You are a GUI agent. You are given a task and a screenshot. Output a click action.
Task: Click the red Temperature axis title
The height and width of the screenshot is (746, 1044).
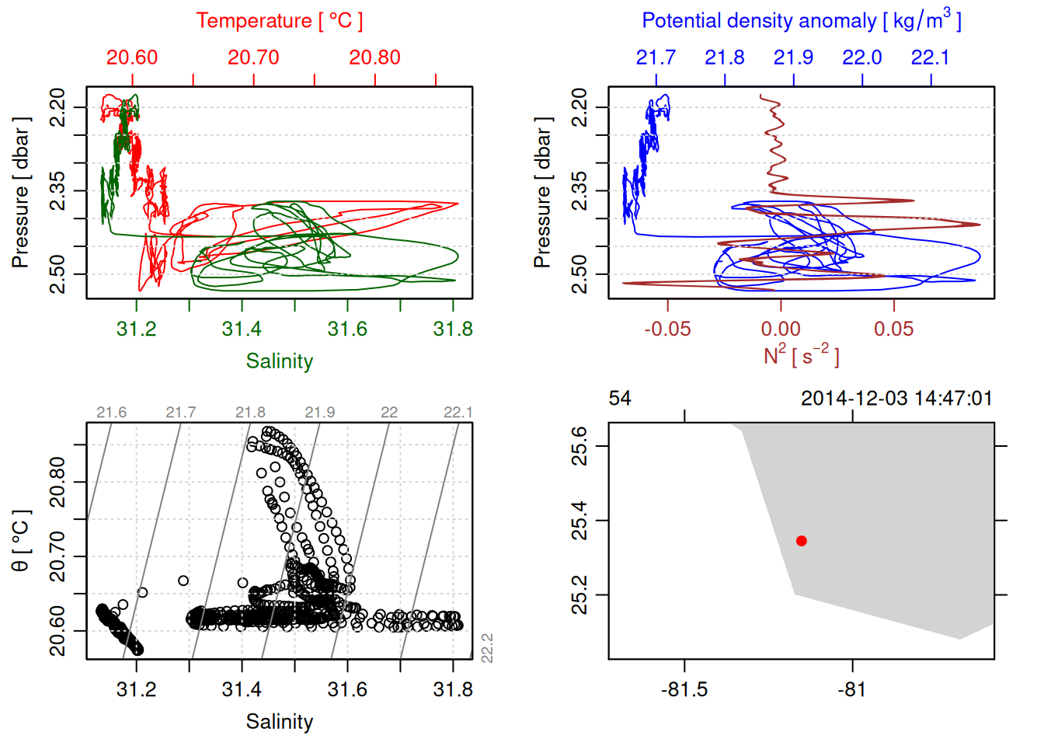pyautogui.click(x=279, y=21)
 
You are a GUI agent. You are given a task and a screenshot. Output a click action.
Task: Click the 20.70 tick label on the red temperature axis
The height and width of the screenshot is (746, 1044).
pyautogui.click(x=253, y=58)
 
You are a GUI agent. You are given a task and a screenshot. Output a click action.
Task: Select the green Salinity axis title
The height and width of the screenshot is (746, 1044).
pyautogui.click(x=279, y=361)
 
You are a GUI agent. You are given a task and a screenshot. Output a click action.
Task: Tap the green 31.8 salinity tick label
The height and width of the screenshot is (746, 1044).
pyautogui.click(x=453, y=329)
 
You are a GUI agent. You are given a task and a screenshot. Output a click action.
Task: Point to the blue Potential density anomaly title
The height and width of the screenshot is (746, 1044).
pyautogui.click(x=801, y=21)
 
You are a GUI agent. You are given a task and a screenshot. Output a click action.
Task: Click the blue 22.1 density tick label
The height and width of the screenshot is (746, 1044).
pyautogui.click(x=930, y=58)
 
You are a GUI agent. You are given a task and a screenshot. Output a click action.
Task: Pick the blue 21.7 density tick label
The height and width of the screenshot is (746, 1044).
pyautogui.click(x=656, y=58)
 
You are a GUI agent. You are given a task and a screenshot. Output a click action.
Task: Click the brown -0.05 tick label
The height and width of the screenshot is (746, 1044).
pyautogui.click(x=667, y=329)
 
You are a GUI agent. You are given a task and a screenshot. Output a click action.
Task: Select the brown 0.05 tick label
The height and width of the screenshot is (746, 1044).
pyautogui.click(x=894, y=329)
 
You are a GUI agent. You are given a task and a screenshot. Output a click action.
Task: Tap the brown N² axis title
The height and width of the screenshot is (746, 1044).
pyautogui.click(x=801, y=356)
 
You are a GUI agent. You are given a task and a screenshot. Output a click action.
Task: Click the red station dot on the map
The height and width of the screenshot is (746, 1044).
pyautogui.click(x=802, y=541)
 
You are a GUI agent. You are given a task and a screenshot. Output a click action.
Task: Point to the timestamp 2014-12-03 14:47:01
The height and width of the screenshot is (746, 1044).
pyautogui.click(x=896, y=399)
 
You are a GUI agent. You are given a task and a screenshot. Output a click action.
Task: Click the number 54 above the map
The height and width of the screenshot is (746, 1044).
pyautogui.click(x=620, y=399)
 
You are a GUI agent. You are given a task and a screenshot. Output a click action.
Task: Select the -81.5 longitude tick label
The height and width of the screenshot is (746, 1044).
pyautogui.click(x=684, y=690)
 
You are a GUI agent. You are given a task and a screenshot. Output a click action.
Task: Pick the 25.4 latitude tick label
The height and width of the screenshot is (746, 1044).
pyautogui.click(x=579, y=521)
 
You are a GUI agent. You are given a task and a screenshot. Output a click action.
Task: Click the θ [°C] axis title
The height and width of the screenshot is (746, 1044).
pyautogui.click(x=20, y=541)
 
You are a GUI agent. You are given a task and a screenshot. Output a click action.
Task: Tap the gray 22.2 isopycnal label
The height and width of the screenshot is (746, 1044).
pyautogui.click(x=487, y=649)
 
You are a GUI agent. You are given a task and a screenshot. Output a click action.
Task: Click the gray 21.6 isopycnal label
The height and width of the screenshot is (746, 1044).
pyautogui.click(x=112, y=413)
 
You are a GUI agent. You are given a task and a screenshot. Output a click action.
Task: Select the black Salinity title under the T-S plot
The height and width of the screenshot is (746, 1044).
pyautogui.click(x=279, y=722)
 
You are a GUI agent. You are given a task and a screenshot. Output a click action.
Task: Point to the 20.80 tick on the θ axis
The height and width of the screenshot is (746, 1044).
pyautogui.click(x=57, y=482)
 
